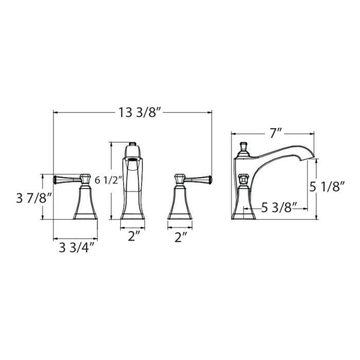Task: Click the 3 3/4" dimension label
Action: [77, 248]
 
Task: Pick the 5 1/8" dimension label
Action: [327, 187]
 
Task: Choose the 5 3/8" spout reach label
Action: [279, 208]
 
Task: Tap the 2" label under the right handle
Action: [181, 237]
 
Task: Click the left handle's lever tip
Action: [55, 179]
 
